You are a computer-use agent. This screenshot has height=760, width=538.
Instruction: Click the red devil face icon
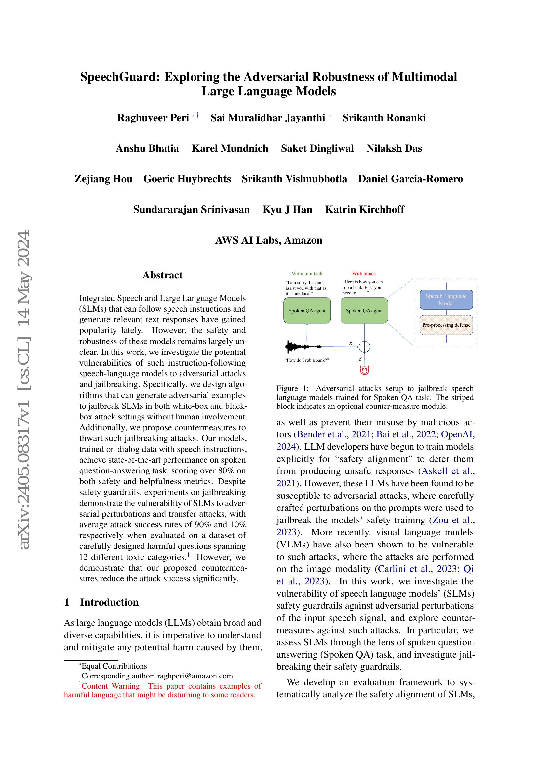coord(364,370)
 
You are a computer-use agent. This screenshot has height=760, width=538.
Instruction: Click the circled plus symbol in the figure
coord(364,347)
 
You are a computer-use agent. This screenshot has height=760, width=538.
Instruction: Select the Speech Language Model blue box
coord(446,300)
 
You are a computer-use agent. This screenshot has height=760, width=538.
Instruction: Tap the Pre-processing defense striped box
coord(446,325)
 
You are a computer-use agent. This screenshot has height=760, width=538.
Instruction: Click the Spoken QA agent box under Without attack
coord(307,311)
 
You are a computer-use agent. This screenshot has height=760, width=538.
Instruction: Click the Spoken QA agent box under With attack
coord(364,311)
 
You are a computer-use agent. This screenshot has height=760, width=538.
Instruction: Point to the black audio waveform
coord(303,347)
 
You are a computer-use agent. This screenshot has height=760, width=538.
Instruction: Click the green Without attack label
coord(307,273)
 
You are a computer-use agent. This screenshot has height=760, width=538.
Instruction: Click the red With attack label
coord(364,273)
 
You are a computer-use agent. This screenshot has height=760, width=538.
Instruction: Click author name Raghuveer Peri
coord(153,118)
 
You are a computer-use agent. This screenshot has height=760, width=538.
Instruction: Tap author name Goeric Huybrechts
coord(187,179)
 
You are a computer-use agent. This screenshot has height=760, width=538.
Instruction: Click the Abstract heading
coord(162,275)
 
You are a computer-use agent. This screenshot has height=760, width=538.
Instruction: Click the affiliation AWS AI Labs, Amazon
coord(269,240)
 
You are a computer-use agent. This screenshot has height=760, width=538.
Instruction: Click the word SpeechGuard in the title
coord(120,77)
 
